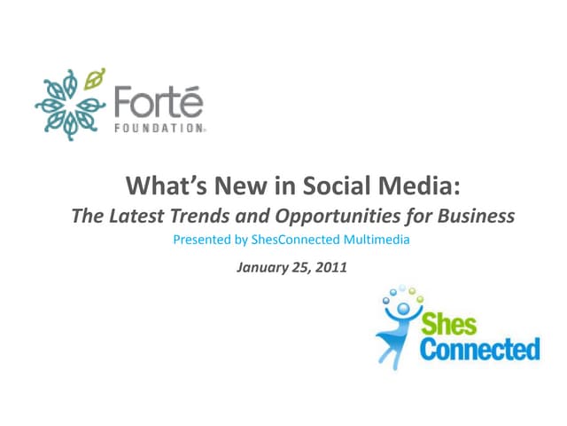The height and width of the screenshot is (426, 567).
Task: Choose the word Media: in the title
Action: point(415,186)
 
